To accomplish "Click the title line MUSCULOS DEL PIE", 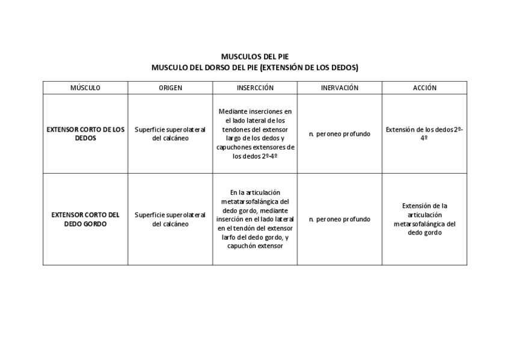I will pyautogui.click(x=254, y=57).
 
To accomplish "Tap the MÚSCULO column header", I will pyautogui.click(x=85, y=88).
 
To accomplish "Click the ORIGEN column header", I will pyautogui.click(x=170, y=88).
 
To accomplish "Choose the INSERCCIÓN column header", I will pyautogui.click(x=255, y=88).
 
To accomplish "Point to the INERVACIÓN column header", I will pyautogui.click(x=339, y=88).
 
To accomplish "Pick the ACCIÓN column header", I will pyautogui.click(x=425, y=88).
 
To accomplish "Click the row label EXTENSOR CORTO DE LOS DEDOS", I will pyautogui.click(x=85, y=133).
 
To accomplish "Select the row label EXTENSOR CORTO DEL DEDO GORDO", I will pyautogui.click(x=85, y=219).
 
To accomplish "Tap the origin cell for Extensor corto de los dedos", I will pyautogui.click(x=170, y=133).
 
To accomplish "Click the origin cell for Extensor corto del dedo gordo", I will pyautogui.click(x=170, y=219).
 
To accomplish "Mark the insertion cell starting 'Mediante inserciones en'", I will pyautogui.click(x=255, y=133).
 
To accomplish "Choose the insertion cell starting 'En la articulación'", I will pyautogui.click(x=255, y=219).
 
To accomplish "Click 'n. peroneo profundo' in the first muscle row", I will pyautogui.click(x=339, y=134).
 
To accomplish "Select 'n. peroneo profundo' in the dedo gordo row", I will pyautogui.click(x=339, y=219).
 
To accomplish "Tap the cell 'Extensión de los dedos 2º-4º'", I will pyautogui.click(x=425, y=133).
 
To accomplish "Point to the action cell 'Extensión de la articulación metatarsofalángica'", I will pyautogui.click(x=425, y=219).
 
